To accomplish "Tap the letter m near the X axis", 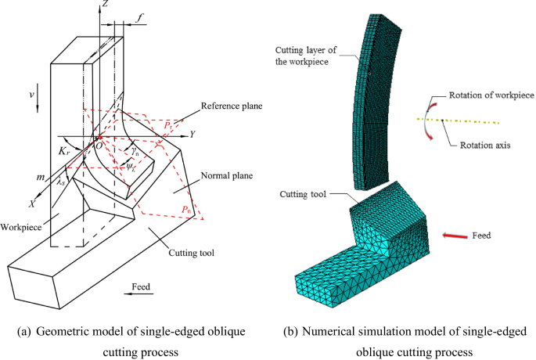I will tap(38, 178).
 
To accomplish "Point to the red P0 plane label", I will tap(185, 210).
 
